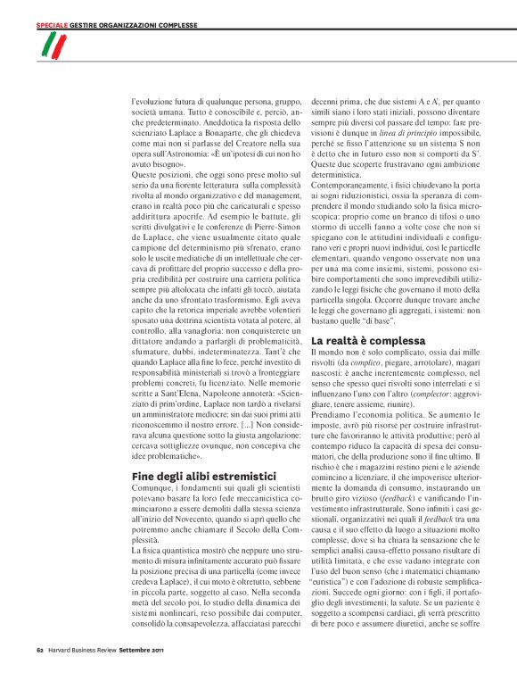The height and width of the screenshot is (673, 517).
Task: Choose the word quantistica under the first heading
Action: pos(179,558)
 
